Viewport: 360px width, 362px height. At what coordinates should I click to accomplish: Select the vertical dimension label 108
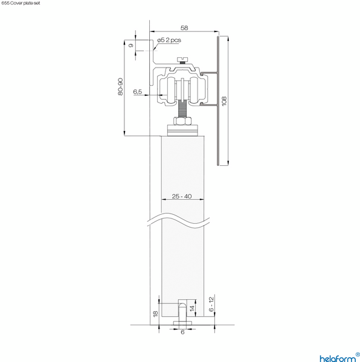(x=223, y=100)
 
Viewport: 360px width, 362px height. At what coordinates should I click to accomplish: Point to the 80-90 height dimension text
(x=121, y=88)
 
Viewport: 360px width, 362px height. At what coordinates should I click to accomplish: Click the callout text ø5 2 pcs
(x=169, y=40)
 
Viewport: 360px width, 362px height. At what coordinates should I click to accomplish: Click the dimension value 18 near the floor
(x=155, y=314)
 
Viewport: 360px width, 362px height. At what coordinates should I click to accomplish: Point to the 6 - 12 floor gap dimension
(x=211, y=303)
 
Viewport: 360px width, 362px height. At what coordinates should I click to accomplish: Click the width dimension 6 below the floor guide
(x=182, y=332)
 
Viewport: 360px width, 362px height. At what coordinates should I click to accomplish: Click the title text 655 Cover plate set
(x=21, y=3)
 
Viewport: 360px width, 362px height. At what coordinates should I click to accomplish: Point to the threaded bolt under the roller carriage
(x=182, y=109)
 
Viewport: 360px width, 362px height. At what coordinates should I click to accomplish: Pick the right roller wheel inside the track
(x=195, y=88)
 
